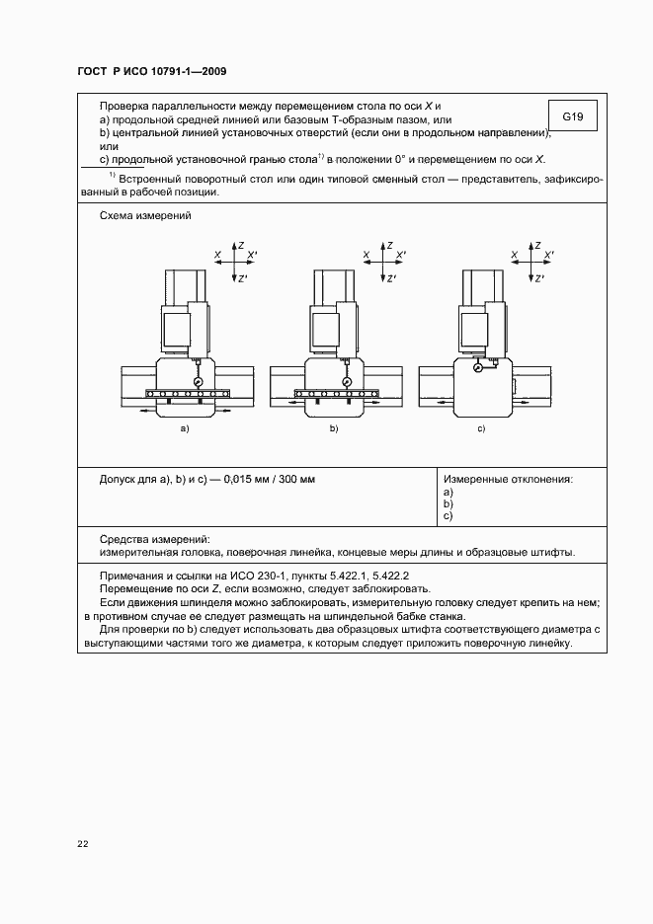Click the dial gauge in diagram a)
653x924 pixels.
click(199, 381)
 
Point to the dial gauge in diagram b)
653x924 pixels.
click(347, 382)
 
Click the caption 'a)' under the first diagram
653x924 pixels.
click(184, 430)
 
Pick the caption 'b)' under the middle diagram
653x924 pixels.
click(334, 430)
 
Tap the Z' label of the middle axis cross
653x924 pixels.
click(392, 278)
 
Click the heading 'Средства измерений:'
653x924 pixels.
click(156, 539)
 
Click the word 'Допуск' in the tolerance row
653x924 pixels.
click(120, 479)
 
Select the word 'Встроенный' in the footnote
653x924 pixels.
click(154, 180)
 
